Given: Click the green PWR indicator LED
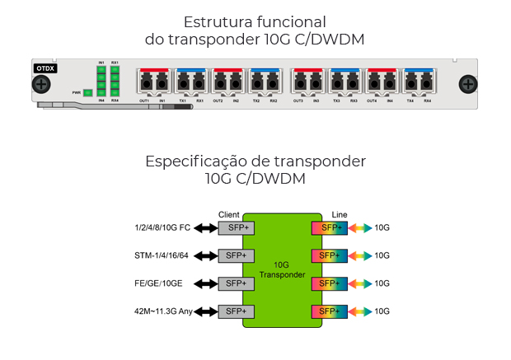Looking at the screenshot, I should (87, 92).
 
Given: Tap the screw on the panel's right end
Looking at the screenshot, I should (467, 84).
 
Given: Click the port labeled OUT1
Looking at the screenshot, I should (145, 83).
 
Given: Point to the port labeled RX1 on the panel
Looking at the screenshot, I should (199, 83).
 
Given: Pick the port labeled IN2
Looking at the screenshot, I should (236, 83).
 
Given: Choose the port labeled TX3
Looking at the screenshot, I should (336, 83).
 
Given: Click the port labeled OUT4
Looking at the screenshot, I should (373, 83).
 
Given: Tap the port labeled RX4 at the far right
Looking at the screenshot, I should (427, 83).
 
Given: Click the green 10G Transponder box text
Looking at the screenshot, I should (282, 269).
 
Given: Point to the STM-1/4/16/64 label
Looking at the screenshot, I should (162, 255).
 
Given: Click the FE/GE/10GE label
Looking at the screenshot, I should (158, 283).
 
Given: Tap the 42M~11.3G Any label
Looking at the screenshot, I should (163, 311).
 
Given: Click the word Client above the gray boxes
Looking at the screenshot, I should (229, 214).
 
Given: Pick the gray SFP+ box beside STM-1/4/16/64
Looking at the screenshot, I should (233, 255).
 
